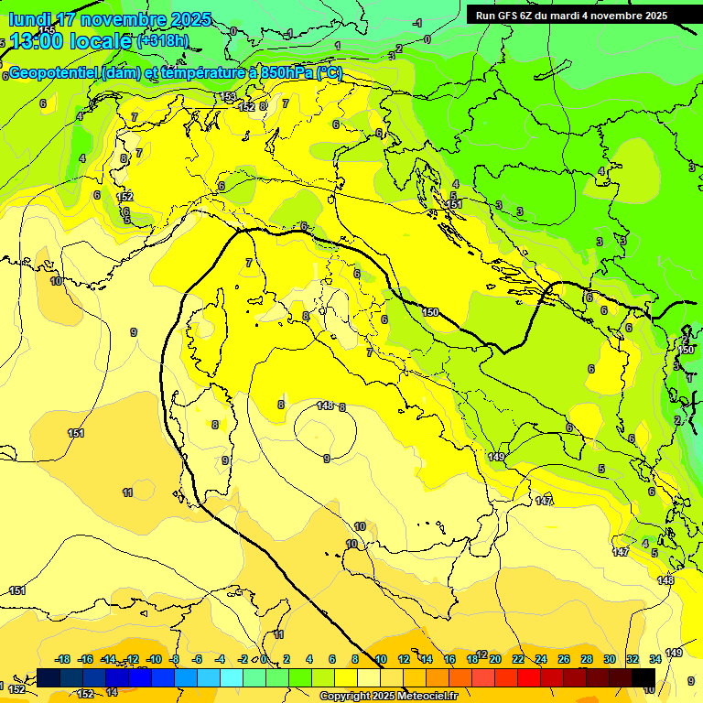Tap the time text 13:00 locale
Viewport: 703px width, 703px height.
70,41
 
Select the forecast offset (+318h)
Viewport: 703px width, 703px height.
164,41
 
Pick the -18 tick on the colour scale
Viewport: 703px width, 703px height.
62,659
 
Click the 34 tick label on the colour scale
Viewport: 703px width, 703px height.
655,659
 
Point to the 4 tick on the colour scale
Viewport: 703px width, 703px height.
309,659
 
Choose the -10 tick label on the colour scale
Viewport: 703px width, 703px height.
154,659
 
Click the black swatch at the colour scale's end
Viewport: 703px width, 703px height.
644,677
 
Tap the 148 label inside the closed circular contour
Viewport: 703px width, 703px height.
325,405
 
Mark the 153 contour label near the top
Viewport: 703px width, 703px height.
229,96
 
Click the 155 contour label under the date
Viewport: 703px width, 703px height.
46,31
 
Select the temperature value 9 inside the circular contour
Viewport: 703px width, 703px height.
327,459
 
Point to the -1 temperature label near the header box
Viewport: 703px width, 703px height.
417,23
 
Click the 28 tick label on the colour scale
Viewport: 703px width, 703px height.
586,659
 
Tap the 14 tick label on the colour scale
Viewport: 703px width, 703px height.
427,659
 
